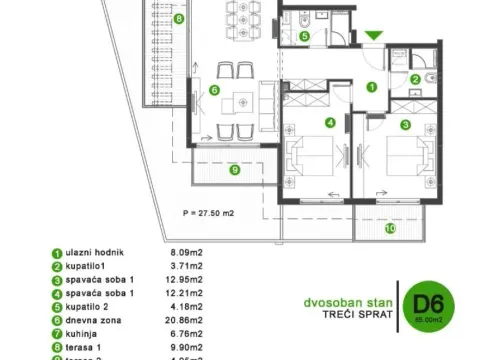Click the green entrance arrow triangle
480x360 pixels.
372,36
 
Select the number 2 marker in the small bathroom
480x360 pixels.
415,79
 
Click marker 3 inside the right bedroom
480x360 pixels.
405,124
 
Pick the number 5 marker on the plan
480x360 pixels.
304,36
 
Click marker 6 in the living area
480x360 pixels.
213,90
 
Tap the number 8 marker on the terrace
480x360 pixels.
178,19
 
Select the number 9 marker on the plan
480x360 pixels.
234,169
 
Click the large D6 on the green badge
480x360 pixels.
421,302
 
